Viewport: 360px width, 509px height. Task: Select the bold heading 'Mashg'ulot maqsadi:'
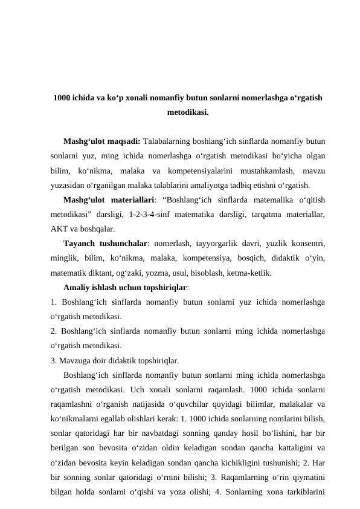tap(101, 142)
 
